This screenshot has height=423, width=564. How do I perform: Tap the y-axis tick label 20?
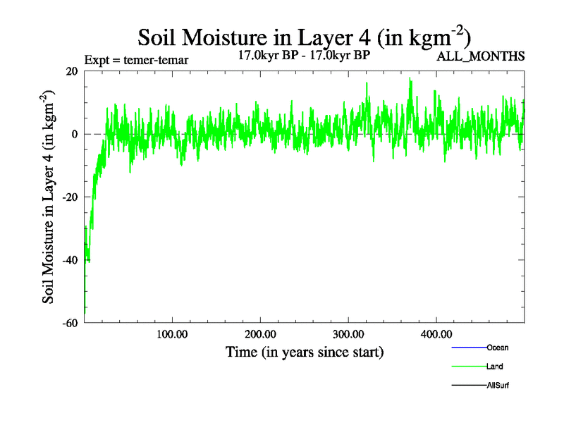[x=71, y=71]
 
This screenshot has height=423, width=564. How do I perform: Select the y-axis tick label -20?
[x=70, y=197]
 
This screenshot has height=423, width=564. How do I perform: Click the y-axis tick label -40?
[x=70, y=260]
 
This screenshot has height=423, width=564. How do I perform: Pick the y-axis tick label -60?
[x=70, y=323]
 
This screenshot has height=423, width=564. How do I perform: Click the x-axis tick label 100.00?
[x=172, y=333]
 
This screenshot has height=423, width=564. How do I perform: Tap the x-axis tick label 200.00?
[x=260, y=333]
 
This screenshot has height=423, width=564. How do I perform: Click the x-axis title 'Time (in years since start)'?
[x=304, y=351]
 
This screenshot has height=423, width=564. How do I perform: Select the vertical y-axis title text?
[x=49, y=197]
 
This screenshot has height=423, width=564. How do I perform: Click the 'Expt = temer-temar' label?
[x=136, y=60]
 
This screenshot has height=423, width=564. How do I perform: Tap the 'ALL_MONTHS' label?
[x=481, y=56]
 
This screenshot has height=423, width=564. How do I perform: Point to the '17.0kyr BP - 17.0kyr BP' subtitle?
[x=304, y=54]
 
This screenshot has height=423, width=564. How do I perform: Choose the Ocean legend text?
[x=497, y=348]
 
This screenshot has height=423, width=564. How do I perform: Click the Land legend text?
[x=494, y=367]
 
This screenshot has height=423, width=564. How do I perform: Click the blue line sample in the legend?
[x=468, y=348]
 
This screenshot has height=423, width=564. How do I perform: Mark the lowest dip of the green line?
[x=85, y=311]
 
